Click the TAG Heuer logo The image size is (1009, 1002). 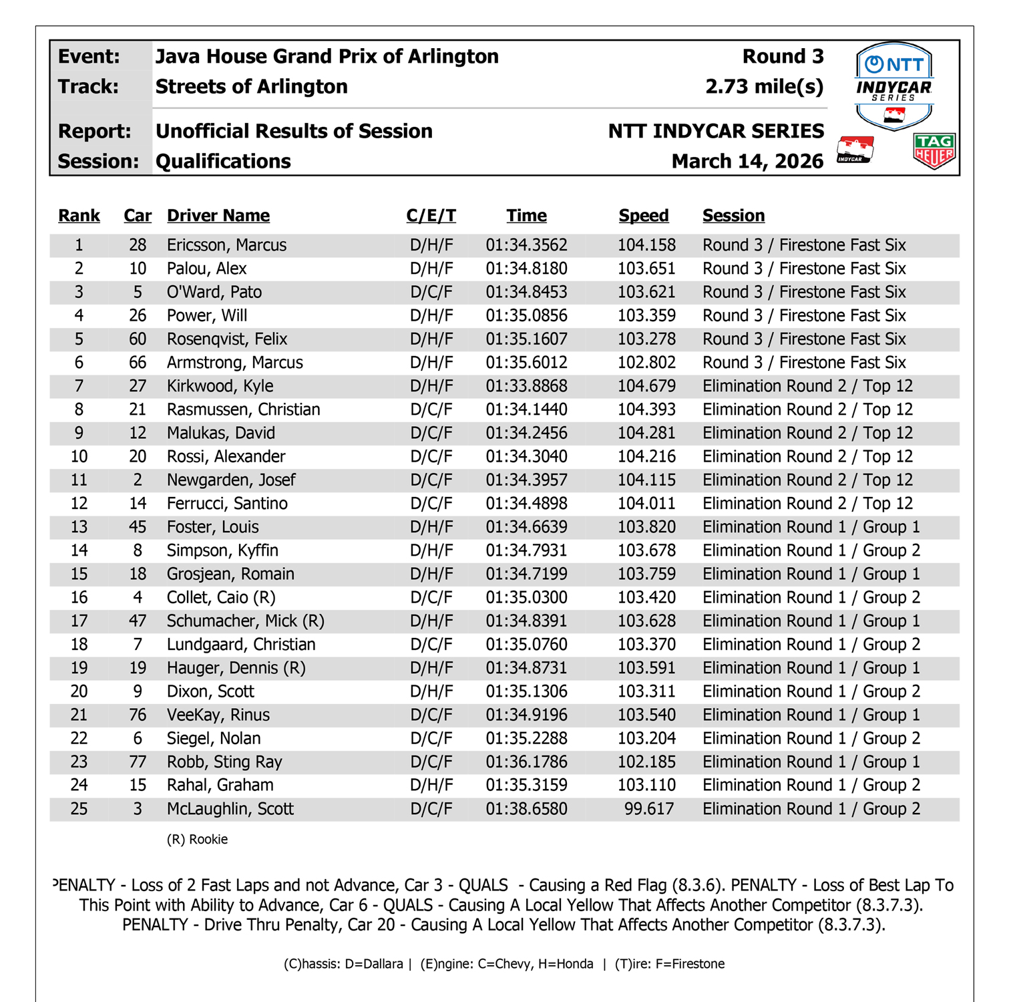(934, 150)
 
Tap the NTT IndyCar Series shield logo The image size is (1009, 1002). (894, 85)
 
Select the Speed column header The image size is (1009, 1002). (643, 216)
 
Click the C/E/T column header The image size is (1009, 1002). (431, 216)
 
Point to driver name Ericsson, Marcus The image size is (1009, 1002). (226, 245)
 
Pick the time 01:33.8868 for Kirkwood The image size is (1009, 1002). (526, 386)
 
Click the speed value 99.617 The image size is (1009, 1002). (648, 809)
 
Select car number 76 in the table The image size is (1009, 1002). (138, 715)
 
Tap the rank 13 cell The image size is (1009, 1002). (79, 527)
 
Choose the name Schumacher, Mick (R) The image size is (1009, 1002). (245, 621)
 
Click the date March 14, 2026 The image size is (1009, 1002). (747, 162)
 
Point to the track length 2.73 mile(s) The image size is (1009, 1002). (764, 87)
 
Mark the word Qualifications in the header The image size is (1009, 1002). (223, 162)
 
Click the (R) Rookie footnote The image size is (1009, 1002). (197, 840)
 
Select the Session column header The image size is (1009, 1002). (733, 216)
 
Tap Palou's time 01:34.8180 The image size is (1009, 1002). (526, 269)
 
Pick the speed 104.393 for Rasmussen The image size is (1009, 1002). (646, 409)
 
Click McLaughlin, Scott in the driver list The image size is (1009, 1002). (230, 809)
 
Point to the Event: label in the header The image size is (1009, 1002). (89, 57)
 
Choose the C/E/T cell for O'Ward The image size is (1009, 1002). (431, 292)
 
